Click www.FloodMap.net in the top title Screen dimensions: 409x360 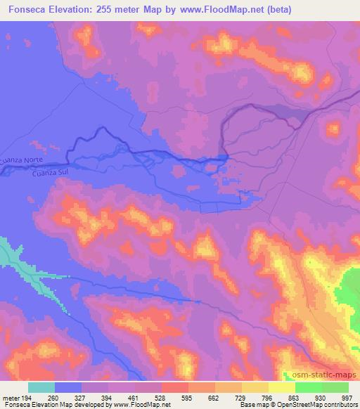coord(217,10)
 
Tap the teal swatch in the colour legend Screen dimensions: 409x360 coord(41,387)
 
